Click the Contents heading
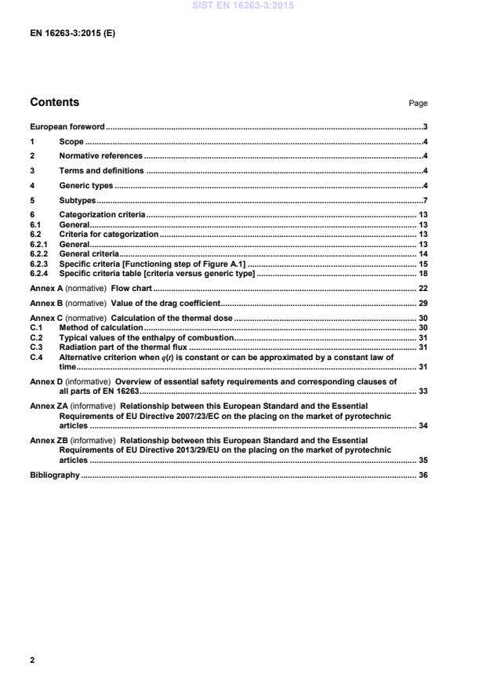54,102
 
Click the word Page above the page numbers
418,104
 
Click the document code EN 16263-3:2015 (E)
72,34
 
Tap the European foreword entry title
67,126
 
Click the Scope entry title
71,141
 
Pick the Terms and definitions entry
101,170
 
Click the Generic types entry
86,185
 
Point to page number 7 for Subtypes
424,200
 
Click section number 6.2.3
40,264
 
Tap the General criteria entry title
89,254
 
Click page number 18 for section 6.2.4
423,274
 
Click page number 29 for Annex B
423,302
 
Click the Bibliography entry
55,475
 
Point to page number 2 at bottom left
32,661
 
